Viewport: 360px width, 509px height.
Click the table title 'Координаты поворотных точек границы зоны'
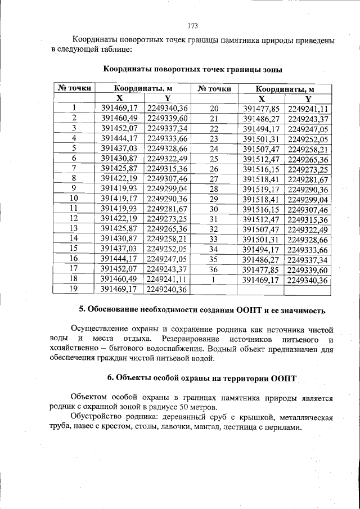tap(193, 69)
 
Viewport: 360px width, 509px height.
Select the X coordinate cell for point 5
tap(119, 148)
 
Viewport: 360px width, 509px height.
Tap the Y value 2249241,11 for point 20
tap(308, 109)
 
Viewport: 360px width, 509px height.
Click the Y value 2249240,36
tap(166, 289)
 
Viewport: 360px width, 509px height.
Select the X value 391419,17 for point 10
tap(119, 199)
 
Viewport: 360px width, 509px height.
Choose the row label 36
tap(213, 269)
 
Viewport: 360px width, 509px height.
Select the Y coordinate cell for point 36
tap(308, 269)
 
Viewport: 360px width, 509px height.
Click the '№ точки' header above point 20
tap(214, 88)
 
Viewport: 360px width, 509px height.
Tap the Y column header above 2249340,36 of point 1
tap(167, 98)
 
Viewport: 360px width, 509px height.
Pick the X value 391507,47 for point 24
tap(260, 148)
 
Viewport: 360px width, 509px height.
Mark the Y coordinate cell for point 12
tap(166, 218)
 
